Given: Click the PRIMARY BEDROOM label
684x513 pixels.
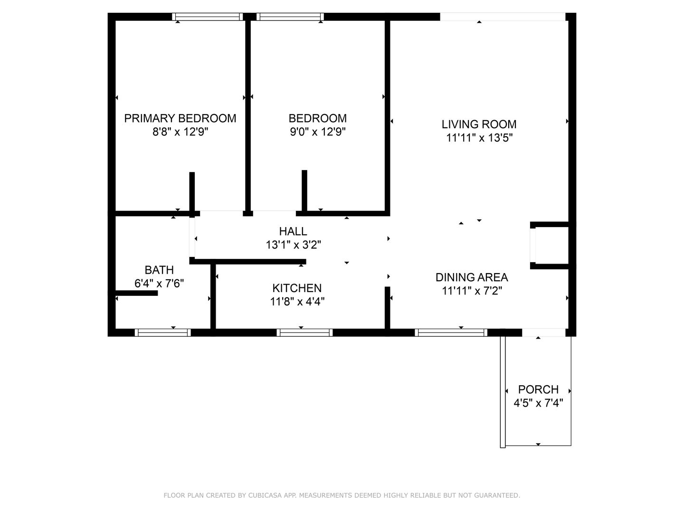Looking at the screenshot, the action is [x=180, y=118].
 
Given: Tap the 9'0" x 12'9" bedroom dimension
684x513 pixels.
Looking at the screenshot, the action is [x=318, y=132].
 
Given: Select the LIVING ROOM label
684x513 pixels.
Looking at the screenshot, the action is [x=479, y=124].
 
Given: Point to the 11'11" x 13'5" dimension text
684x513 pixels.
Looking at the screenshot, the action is [x=479, y=138].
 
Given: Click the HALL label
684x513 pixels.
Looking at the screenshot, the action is [x=293, y=231].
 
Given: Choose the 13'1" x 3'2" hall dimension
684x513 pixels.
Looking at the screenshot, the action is [x=293, y=245].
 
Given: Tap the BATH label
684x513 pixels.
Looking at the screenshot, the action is [x=159, y=270].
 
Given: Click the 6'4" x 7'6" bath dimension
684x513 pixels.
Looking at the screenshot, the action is [x=159, y=284].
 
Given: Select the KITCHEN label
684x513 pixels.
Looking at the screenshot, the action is [x=297, y=288].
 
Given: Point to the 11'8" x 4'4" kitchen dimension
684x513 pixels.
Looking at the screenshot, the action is [x=297, y=302].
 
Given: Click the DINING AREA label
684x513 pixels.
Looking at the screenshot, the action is [x=472, y=277].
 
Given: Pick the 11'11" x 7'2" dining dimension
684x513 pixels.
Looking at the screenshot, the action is [x=472, y=291].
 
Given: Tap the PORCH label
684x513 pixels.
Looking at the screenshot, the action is [x=538, y=389].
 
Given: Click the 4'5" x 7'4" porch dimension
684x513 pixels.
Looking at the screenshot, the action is [x=538, y=403].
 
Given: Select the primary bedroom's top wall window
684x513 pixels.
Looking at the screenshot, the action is [x=207, y=17].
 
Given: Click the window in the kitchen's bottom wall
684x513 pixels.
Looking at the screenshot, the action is [x=304, y=332].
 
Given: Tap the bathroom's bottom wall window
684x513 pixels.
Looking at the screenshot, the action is [x=162, y=332].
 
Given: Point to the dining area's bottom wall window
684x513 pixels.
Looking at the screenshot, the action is [x=451, y=332].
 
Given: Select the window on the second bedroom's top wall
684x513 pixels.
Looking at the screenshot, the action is [x=290, y=17].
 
